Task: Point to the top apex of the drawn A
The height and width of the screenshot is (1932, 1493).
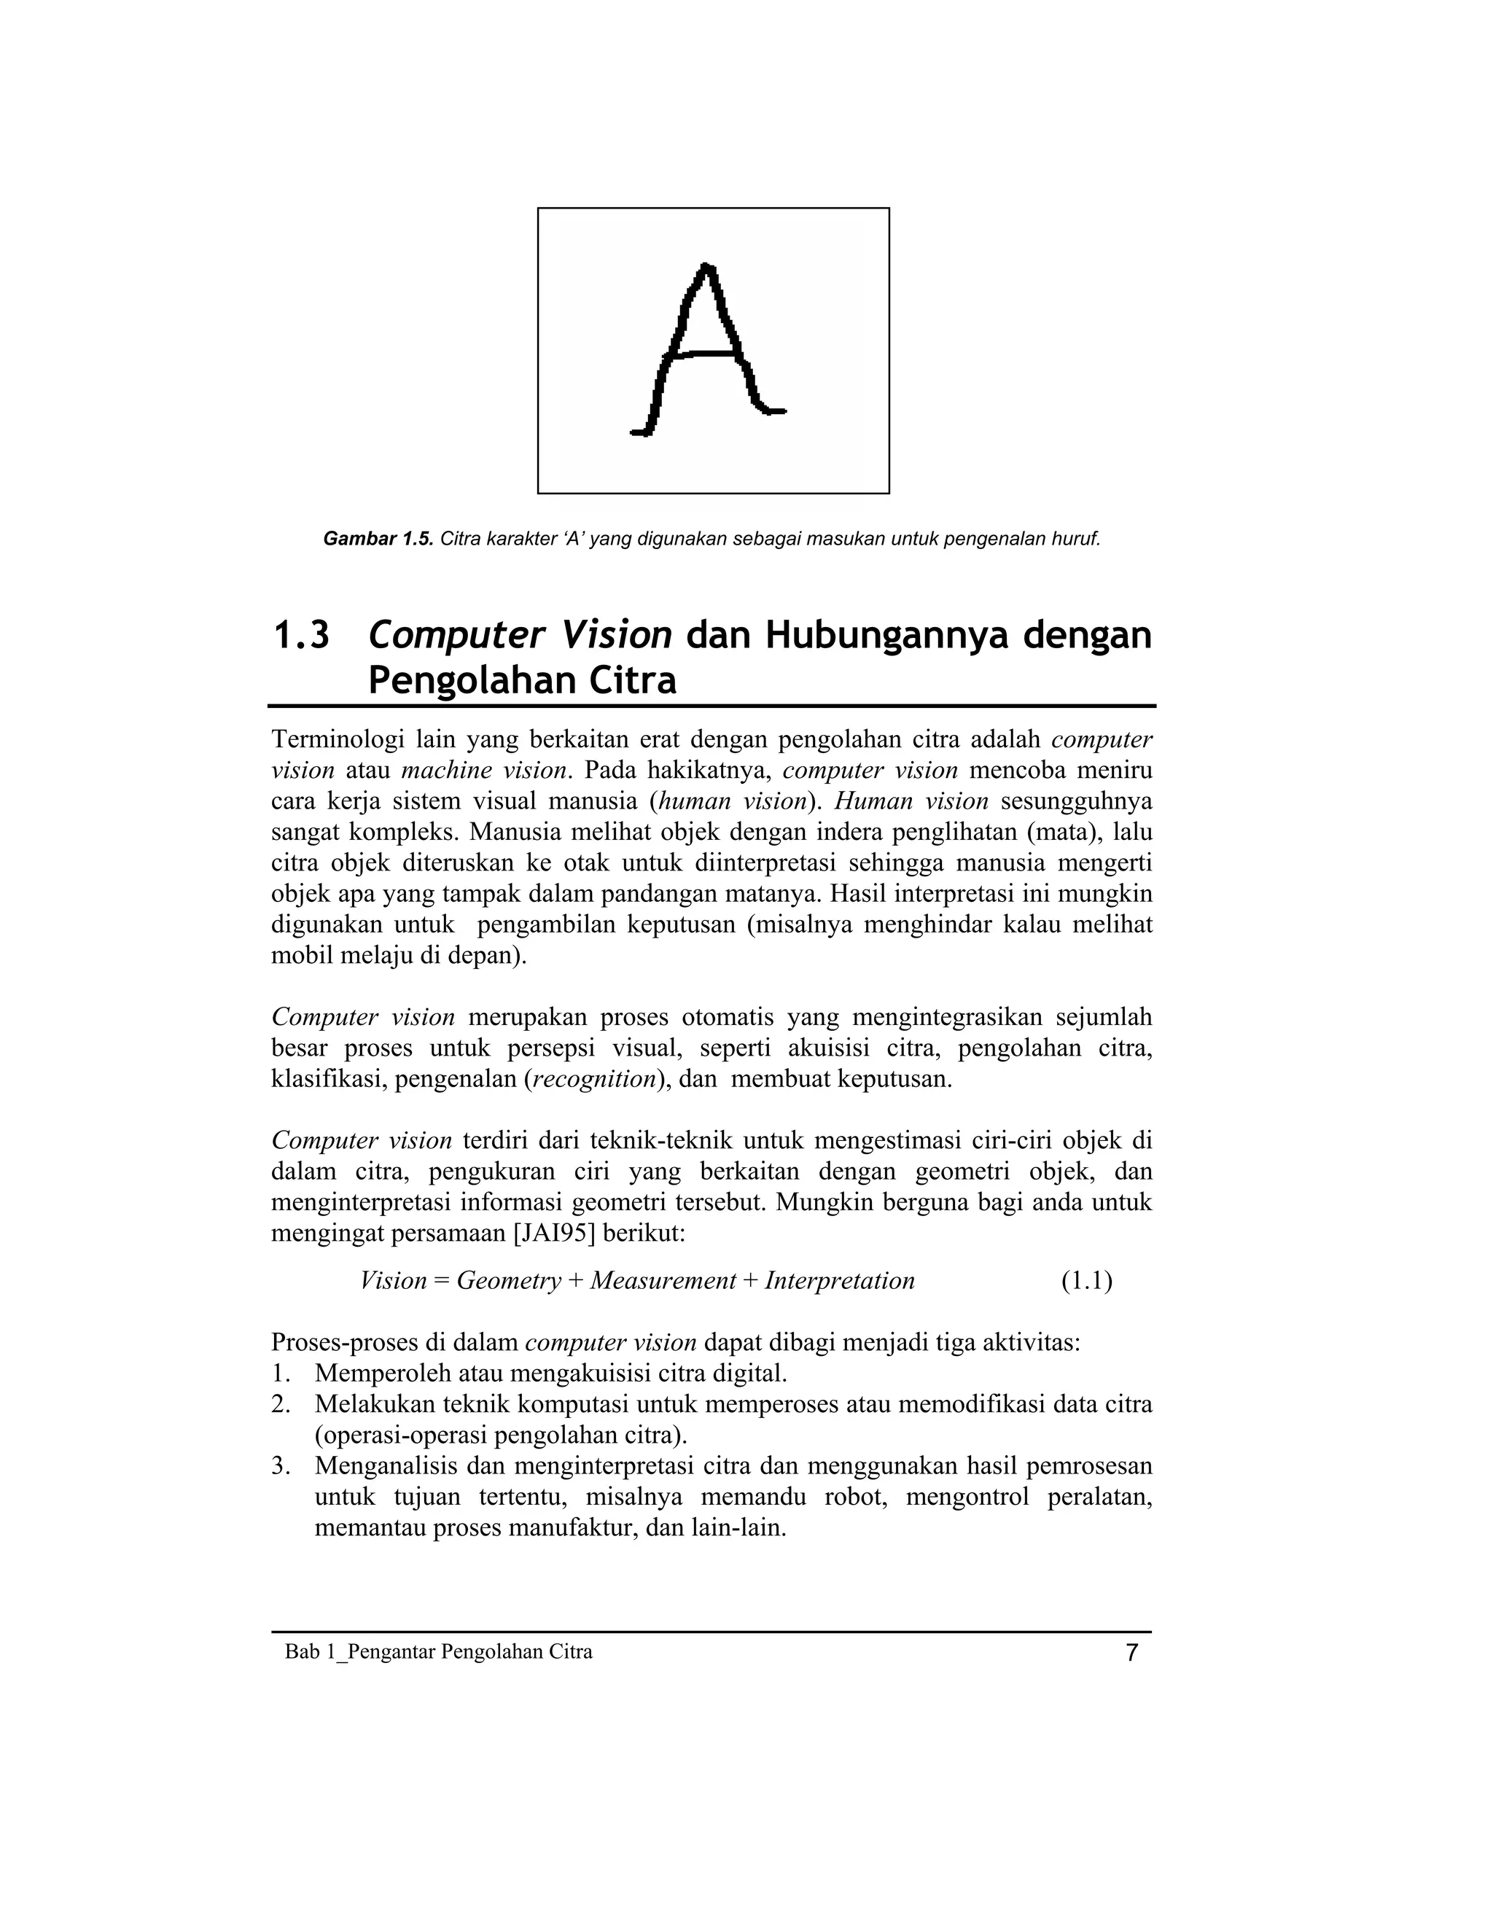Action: point(705,265)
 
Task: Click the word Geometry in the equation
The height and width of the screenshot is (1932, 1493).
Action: point(509,1281)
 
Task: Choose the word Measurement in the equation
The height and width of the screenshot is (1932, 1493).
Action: point(663,1281)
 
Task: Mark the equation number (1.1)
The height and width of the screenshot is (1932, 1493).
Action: point(1086,1281)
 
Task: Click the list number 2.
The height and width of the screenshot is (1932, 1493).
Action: point(281,1404)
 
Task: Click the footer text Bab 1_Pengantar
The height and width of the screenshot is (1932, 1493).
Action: point(361,1651)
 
